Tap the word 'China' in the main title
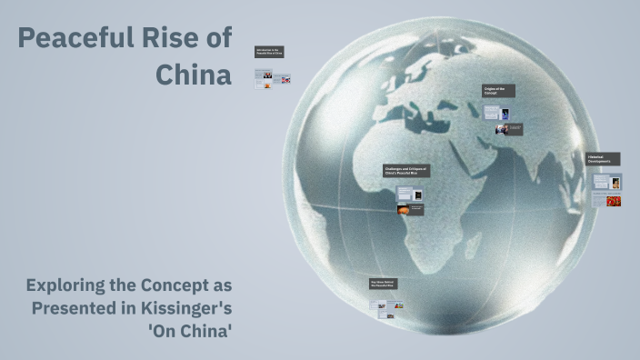click(x=193, y=75)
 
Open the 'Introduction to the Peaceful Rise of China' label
click(x=270, y=53)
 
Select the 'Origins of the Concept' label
click(x=498, y=91)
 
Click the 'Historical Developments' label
click(x=603, y=159)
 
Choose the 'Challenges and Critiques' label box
click(x=405, y=171)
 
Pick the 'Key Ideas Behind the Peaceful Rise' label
click(x=383, y=285)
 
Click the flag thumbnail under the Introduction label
click(x=286, y=80)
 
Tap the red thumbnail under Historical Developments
click(x=614, y=200)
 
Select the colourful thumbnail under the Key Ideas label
click(x=397, y=306)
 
